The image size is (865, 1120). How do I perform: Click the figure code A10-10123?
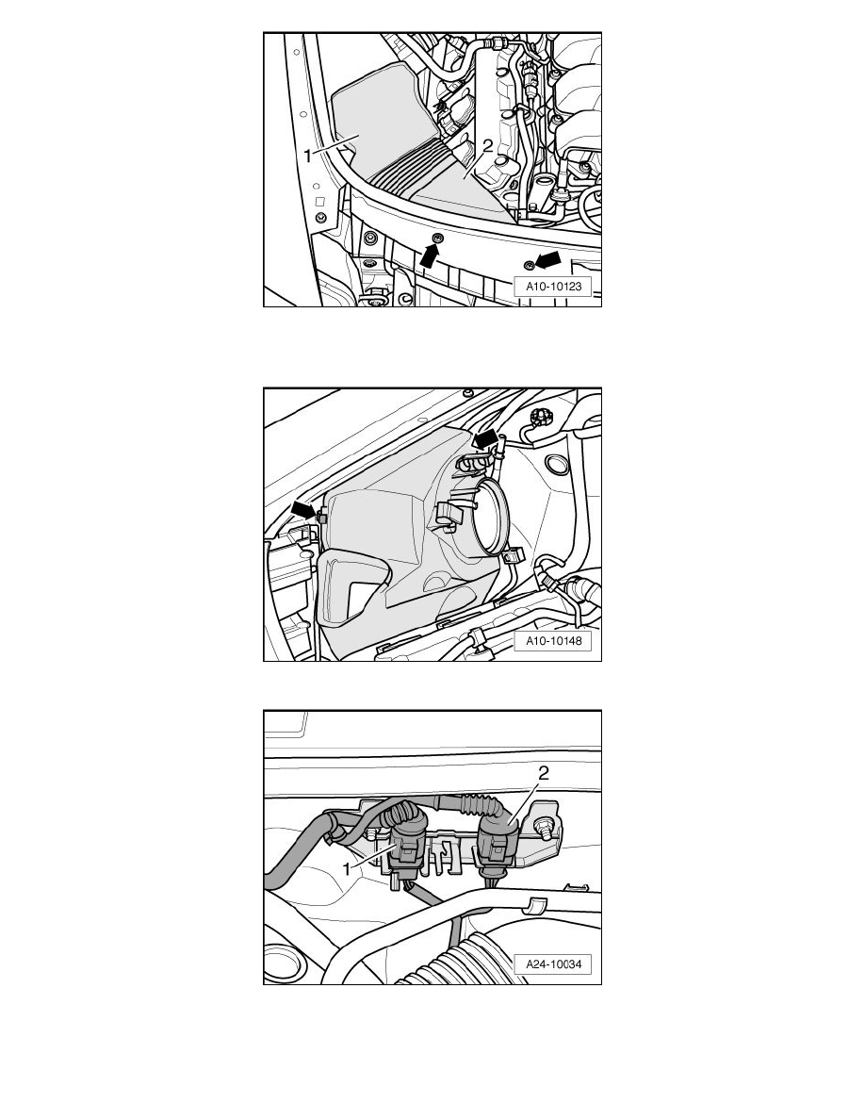point(554,287)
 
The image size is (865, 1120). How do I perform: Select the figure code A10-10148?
point(554,641)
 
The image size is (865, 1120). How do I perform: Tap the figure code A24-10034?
point(554,964)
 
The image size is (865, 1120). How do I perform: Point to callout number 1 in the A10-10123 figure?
point(308,156)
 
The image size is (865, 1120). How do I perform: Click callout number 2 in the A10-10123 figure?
point(487,146)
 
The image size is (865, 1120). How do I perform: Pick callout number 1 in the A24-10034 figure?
point(349,869)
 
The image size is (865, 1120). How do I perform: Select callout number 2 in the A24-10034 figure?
point(544,773)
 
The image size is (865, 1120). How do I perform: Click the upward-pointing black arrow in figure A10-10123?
point(429,255)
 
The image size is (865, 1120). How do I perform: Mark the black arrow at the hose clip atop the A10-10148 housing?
point(485,437)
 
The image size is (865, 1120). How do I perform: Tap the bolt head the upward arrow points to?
point(437,238)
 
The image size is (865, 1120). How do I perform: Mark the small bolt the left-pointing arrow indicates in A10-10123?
point(529,266)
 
